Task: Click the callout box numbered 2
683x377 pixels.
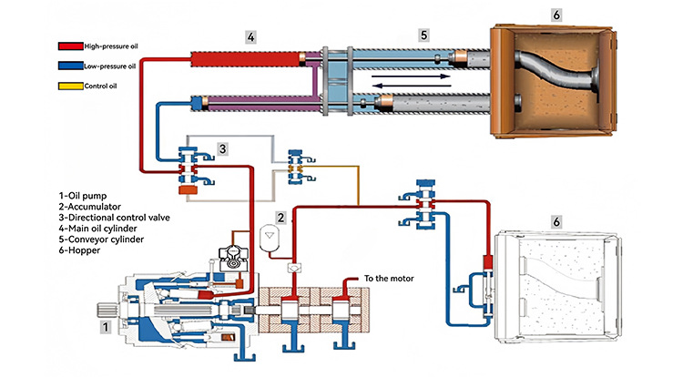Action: point(281,218)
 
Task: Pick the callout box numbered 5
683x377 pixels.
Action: point(423,36)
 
